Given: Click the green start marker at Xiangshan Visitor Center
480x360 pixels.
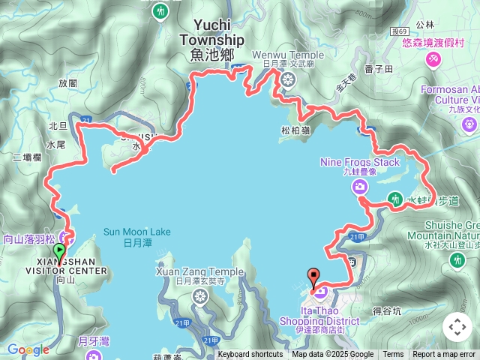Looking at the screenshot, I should tap(60, 253).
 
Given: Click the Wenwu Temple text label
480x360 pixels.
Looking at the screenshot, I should tap(293, 55).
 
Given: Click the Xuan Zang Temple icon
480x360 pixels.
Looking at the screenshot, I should tap(200, 296).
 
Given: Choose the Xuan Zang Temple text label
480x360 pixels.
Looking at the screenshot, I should tap(199, 271).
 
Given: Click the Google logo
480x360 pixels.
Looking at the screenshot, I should tap(28, 349).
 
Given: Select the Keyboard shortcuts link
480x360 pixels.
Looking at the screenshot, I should tap(250, 355).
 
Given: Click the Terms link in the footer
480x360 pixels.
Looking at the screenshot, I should tap(393, 355).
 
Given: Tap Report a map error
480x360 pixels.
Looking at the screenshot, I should tap(444, 355).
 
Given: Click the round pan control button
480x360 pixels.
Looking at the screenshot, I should tap(457, 327).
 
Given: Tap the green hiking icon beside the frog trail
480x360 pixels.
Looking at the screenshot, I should tap(394, 199).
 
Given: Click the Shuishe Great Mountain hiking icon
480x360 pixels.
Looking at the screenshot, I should tap(457, 259).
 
